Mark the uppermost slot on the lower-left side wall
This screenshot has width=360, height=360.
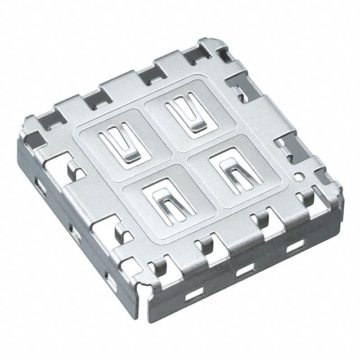[40, 183]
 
